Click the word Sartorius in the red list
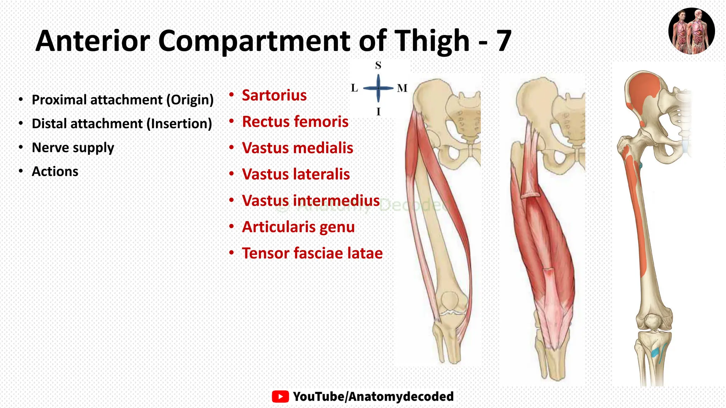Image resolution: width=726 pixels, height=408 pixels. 274,95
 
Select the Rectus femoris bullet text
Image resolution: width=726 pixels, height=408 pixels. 295,121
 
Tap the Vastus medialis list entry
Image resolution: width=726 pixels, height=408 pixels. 297,148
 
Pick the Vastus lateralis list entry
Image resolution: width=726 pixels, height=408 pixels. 296,174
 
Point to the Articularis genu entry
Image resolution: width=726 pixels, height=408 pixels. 298,227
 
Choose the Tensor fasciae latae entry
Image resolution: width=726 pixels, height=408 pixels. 312,253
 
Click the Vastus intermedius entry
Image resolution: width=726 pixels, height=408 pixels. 311,200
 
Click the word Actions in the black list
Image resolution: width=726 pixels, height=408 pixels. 55,171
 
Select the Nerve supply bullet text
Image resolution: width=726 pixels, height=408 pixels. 73,148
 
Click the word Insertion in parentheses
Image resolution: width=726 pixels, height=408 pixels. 179,124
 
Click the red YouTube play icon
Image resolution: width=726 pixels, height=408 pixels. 280,396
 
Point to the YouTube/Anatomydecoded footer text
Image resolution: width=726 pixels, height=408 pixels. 373,396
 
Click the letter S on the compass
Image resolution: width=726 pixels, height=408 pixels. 378,66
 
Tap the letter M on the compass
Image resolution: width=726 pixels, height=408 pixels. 402,88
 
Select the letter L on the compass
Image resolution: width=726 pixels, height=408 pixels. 354,88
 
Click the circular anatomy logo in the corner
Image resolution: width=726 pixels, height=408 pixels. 691,31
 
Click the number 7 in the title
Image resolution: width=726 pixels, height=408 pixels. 503,41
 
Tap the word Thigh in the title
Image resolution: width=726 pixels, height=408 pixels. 432,41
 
